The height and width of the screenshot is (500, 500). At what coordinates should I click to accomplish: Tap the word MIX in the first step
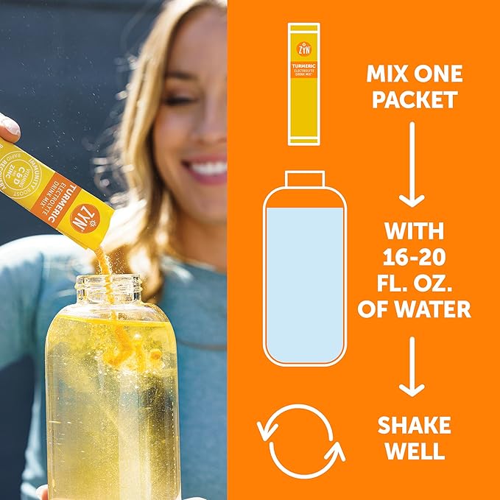pyautogui.click(x=385, y=74)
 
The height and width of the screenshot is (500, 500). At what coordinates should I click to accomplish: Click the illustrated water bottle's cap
pyautogui.click(x=304, y=179)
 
